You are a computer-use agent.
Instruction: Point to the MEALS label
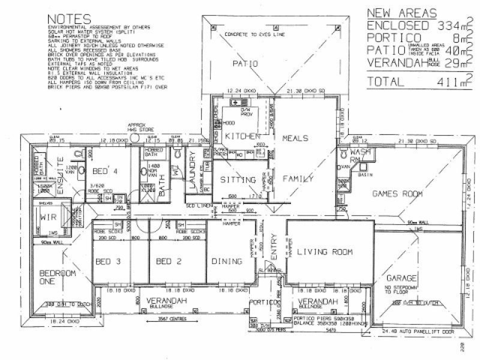pos(296,139)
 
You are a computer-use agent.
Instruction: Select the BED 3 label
pos(110,262)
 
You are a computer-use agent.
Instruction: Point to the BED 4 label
pos(104,170)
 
